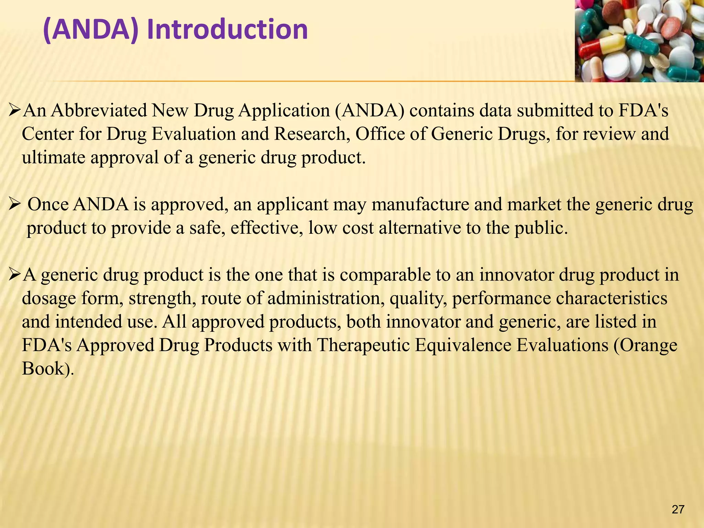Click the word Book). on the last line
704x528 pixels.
[48, 368]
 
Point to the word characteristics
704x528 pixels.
[612, 298]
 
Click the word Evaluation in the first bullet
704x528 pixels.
[194, 134]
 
